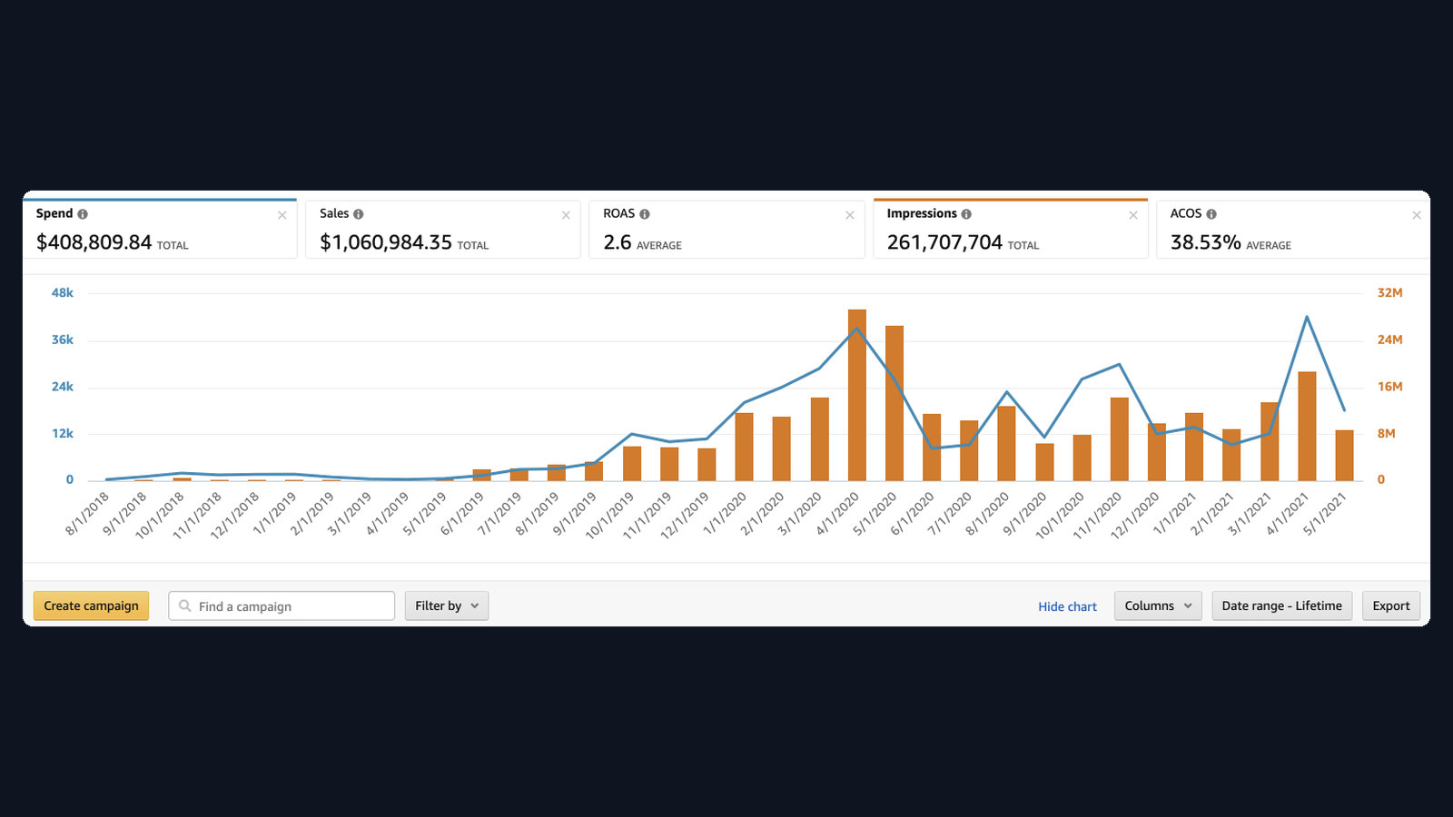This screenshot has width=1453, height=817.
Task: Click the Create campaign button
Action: click(x=91, y=605)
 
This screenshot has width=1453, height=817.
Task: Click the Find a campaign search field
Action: click(x=282, y=605)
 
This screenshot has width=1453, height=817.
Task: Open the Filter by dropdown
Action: click(x=446, y=605)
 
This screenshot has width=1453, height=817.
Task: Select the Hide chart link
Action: click(x=1067, y=606)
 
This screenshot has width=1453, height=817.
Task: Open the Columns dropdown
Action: click(x=1158, y=605)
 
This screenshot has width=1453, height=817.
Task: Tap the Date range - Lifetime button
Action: click(x=1281, y=605)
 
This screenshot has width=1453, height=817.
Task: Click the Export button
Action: click(x=1390, y=605)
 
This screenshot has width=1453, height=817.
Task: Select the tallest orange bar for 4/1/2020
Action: click(x=857, y=395)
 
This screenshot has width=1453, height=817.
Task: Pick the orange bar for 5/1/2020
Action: click(x=895, y=403)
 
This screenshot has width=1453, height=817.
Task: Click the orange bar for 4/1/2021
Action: click(x=1307, y=426)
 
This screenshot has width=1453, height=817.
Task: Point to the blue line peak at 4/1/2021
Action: click(x=1307, y=317)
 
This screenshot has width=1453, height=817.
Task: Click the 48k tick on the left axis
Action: click(x=63, y=292)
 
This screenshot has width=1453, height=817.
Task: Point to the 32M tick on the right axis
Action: click(x=1390, y=292)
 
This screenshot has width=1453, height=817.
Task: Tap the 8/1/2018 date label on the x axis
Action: click(x=87, y=514)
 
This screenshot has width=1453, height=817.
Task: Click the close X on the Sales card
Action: click(x=566, y=215)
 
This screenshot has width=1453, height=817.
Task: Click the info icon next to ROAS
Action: click(x=644, y=214)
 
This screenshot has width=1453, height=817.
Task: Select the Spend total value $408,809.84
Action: click(x=94, y=241)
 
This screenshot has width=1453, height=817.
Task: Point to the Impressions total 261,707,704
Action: click(x=944, y=241)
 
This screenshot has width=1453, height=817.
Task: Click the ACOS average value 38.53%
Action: click(x=1205, y=241)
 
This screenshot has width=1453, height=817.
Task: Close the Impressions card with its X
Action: click(x=1133, y=215)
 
